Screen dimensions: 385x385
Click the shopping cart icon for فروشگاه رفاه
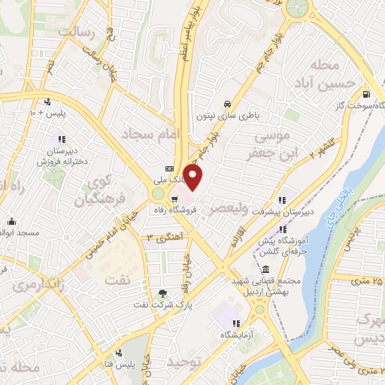(174, 199)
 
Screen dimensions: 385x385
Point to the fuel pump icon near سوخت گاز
(365, 95)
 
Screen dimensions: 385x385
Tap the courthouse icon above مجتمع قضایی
(265, 269)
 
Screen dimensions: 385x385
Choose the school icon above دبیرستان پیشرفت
(281, 200)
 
